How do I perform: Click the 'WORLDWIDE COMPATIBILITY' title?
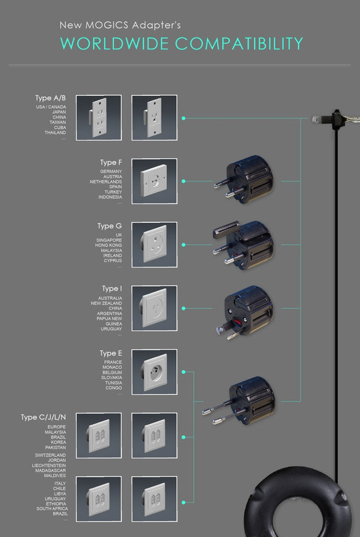pos(182,44)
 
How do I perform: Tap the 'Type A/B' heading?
pos(50,98)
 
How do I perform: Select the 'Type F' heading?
pos(111,162)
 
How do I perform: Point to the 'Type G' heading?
pos(110,226)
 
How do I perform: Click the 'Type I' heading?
pos(112,289)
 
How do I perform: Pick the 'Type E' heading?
pos(111,353)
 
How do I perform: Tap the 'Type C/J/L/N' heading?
pos(43,417)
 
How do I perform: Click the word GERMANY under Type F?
pos(111,171)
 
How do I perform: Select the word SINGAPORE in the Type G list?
pos(109,240)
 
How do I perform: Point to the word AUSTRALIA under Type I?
pos(110,298)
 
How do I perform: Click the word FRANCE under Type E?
pos(113,362)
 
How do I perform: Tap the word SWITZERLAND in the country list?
pos(50,455)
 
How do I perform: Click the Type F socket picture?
pos(154,181)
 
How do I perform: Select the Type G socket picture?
pos(154,244)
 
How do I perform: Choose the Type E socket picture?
pos(154,372)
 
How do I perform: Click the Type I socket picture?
pos(154,308)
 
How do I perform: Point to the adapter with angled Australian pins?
pos(245,311)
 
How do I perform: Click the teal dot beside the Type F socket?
pos(183,181)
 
